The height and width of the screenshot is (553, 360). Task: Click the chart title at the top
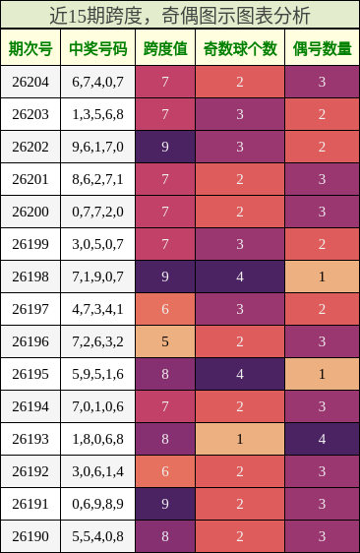tap(180, 16)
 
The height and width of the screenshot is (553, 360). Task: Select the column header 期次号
tap(30, 48)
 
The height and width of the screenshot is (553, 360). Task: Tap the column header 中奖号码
tap(98, 48)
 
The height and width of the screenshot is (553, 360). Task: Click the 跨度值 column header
tap(165, 48)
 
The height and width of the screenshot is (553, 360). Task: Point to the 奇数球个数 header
tap(240, 48)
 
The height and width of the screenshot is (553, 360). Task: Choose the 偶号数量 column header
tap(323, 48)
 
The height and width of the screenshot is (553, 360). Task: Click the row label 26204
tap(30, 82)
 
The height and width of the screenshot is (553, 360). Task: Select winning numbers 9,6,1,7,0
tap(98, 147)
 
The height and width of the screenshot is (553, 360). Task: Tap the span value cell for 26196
tap(165, 341)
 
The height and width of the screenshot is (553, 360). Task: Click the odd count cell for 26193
tap(240, 439)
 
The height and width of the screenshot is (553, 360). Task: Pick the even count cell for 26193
tap(323, 439)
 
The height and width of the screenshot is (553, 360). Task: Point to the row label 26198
tap(30, 276)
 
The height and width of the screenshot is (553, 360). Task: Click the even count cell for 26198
tap(323, 276)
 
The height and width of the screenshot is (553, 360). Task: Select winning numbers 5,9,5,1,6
tap(98, 374)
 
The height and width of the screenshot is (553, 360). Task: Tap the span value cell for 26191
tap(165, 504)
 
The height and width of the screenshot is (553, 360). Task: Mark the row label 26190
tap(30, 536)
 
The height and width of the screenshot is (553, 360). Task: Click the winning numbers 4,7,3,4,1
tap(98, 309)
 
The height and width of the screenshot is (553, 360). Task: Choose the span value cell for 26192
tap(165, 471)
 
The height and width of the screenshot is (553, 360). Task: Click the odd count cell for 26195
tap(240, 374)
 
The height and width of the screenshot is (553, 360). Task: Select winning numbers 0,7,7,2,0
tap(98, 212)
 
